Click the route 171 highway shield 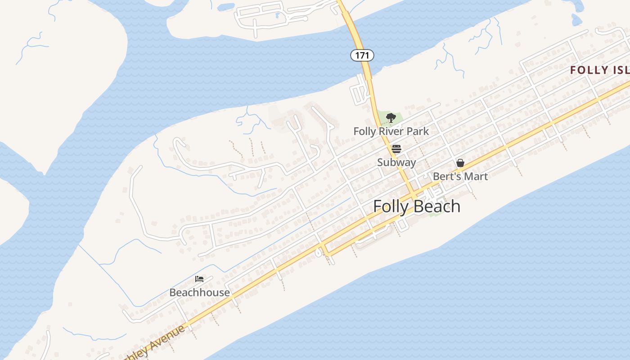pos(362,55)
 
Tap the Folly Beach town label pos(417,207)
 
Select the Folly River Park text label pos(391,131)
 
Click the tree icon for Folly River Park pos(391,118)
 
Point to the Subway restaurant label pos(396,162)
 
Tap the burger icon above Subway pos(396,149)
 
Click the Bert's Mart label pos(460,176)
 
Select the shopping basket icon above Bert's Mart pos(460,163)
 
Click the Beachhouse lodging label pos(199,292)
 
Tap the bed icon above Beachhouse pos(199,279)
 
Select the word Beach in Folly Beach pos(436,207)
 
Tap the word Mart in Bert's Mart pos(476,176)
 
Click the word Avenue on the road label pos(166,337)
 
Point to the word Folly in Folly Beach pos(391,207)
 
